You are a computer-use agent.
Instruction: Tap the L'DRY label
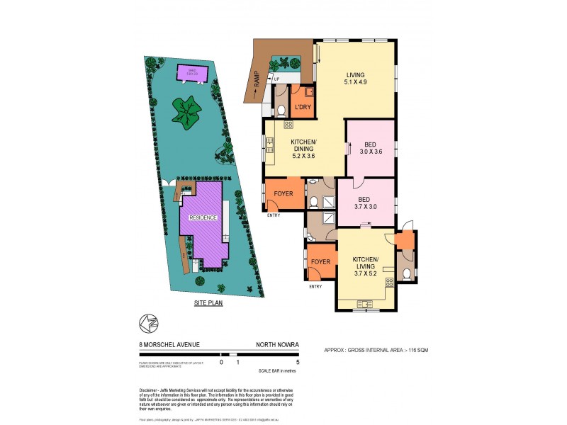pos(303,107)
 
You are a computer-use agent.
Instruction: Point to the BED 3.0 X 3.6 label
pos(369,147)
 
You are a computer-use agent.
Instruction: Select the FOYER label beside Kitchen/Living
pos(321,262)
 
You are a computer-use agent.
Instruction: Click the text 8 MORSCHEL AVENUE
pos(169,345)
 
